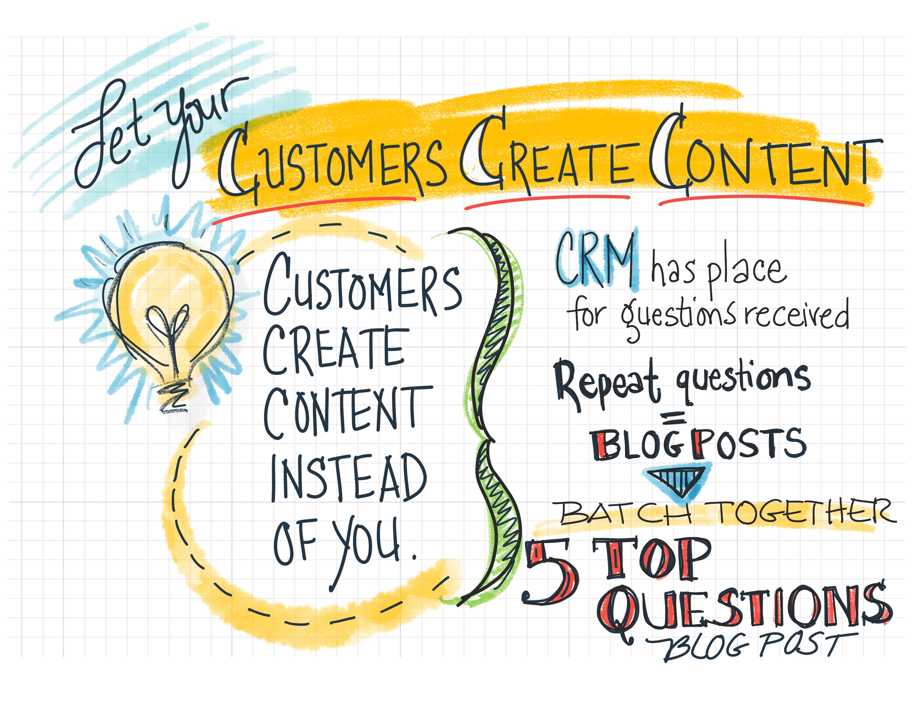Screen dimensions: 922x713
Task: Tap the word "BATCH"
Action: (625, 513)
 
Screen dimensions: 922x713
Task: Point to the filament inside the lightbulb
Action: (167, 334)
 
